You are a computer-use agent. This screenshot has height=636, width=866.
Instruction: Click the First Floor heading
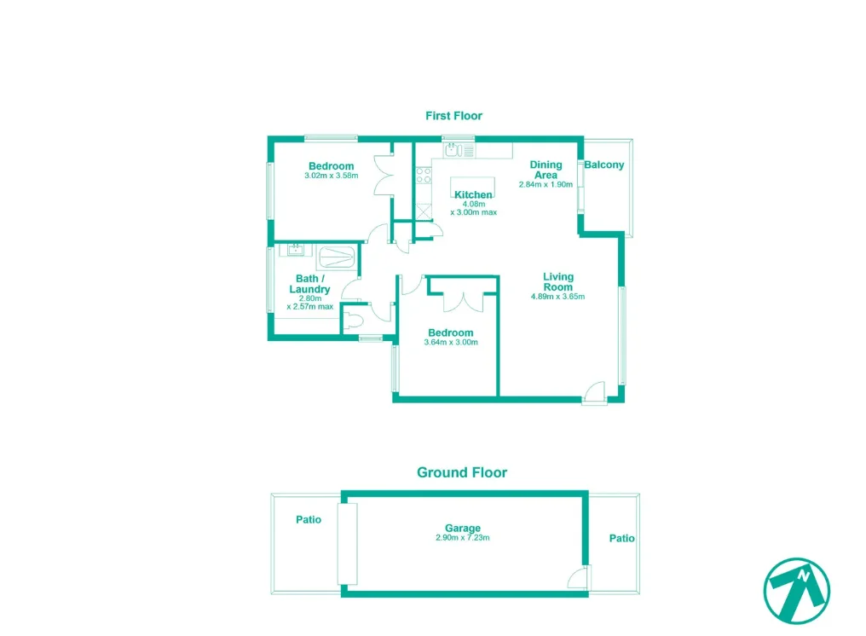[453, 116]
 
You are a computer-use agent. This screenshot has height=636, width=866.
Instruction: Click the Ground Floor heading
[461, 472]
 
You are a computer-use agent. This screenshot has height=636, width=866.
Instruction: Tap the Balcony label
[604, 165]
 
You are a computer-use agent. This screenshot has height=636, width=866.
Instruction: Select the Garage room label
[462, 529]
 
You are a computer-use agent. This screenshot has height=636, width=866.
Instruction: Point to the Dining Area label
[546, 170]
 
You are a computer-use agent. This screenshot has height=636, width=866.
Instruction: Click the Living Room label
[558, 282]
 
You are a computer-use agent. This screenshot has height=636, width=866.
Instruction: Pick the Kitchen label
[473, 195]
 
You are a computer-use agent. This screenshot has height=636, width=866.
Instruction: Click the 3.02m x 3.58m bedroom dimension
[331, 176]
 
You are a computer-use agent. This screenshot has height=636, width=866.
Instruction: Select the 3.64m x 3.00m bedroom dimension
[450, 343]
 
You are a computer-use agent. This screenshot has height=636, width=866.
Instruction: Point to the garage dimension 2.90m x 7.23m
[462, 539]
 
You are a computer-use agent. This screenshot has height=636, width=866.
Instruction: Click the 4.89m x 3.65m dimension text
[558, 297]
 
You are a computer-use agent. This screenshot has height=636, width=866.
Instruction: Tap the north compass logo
[796, 589]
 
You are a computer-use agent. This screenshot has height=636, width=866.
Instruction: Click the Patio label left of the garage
[309, 519]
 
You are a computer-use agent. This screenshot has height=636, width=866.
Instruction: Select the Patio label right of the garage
[621, 539]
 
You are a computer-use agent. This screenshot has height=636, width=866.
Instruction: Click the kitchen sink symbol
[453, 151]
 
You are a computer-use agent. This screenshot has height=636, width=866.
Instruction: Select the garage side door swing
[578, 578]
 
